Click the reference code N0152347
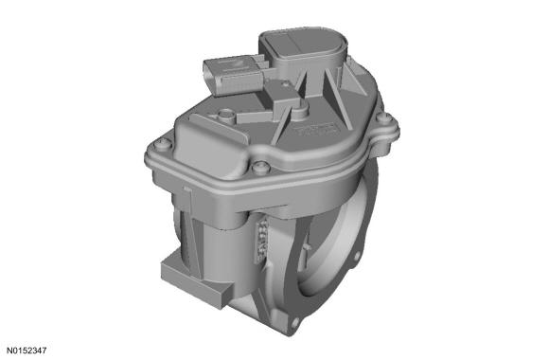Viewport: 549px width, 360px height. coord(27,351)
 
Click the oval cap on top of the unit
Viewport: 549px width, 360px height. coord(304,45)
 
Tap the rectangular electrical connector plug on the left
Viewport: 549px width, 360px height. coord(234,76)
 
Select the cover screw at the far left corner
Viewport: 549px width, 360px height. coord(163,144)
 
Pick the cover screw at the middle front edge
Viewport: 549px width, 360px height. coord(259,167)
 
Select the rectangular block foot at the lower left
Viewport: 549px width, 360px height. coord(196,279)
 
